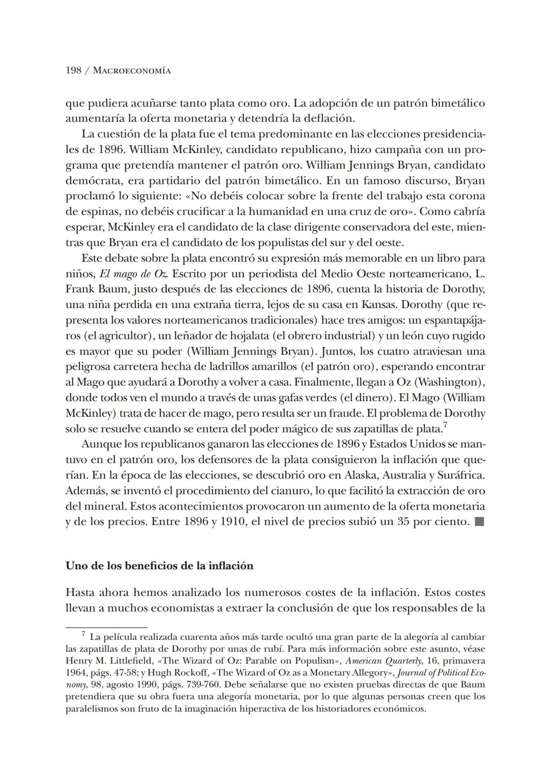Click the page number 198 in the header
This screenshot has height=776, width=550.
click(x=74, y=71)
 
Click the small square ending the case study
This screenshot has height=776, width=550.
click(x=479, y=522)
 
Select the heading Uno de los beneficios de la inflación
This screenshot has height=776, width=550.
click(x=159, y=566)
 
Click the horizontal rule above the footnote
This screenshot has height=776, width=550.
click(x=106, y=627)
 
